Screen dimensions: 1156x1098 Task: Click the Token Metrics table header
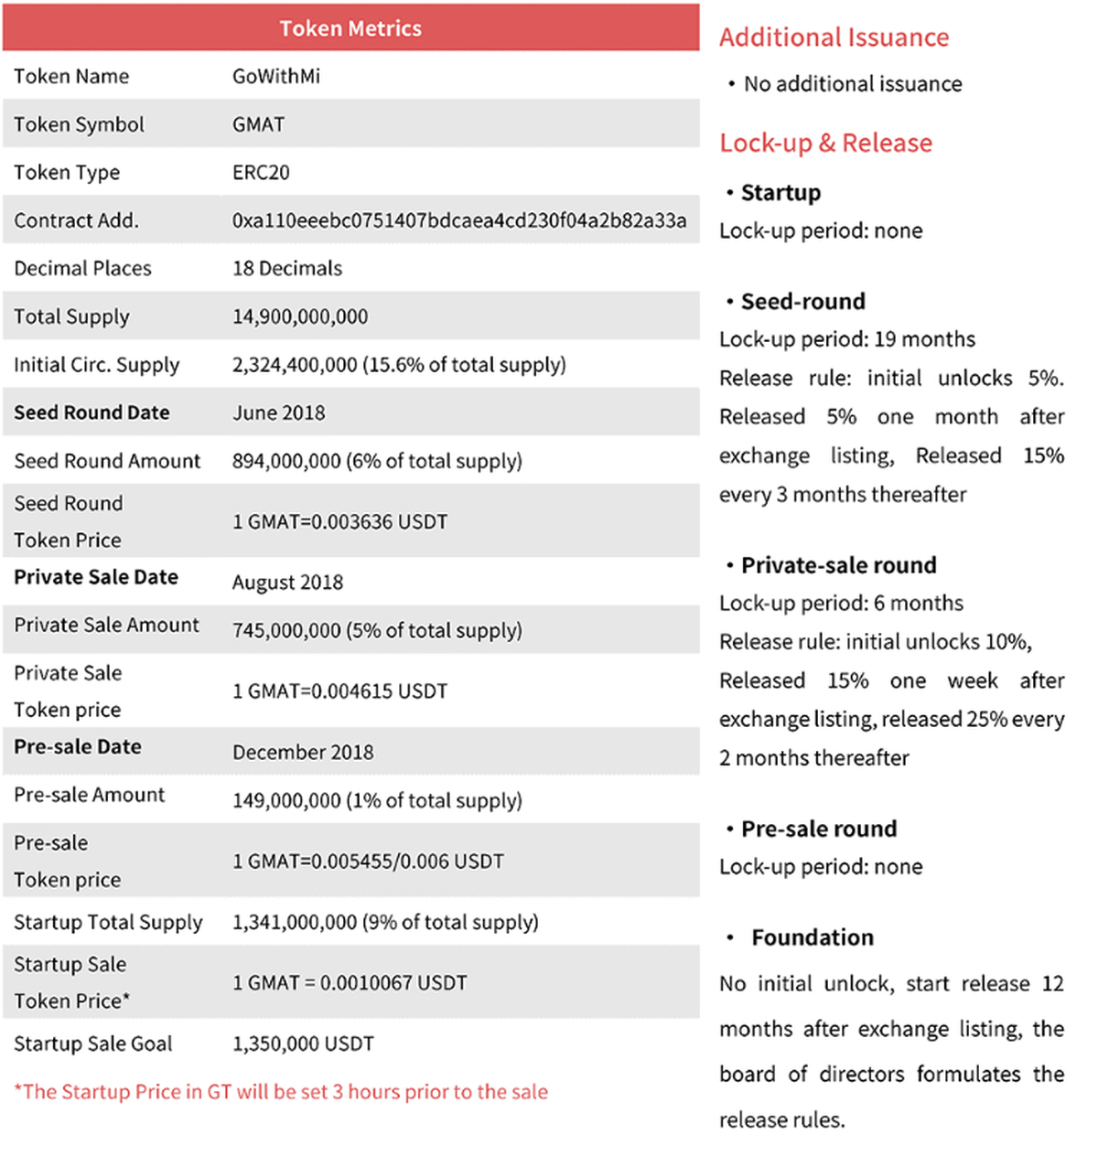tap(350, 28)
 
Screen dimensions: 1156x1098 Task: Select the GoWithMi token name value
tap(276, 76)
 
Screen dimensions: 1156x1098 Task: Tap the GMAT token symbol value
tap(258, 124)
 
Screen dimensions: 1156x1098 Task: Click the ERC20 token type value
tap(261, 172)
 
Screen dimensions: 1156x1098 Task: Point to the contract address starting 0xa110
tap(459, 220)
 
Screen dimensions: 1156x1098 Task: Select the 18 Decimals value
tap(287, 268)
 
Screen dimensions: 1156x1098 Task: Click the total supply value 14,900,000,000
tap(300, 316)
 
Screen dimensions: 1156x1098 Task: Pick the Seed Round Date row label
tap(91, 412)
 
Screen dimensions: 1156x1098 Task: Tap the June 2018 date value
tap(279, 412)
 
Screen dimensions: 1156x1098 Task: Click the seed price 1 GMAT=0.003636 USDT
tap(340, 521)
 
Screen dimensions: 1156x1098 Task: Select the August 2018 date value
tap(287, 583)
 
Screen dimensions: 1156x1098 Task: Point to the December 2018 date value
tap(303, 752)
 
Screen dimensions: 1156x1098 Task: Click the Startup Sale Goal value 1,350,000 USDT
tap(303, 1044)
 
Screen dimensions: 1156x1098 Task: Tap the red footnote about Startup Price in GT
tap(281, 1092)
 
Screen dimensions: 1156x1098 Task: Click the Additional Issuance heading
tap(834, 37)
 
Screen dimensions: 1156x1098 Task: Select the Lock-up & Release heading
tap(825, 143)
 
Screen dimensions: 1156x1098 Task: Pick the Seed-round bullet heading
tap(802, 302)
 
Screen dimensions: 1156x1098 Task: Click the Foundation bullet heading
tap(813, 937)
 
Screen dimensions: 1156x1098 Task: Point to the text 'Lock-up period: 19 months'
tap(847, 339)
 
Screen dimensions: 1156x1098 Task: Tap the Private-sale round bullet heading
tap(838, 565)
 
